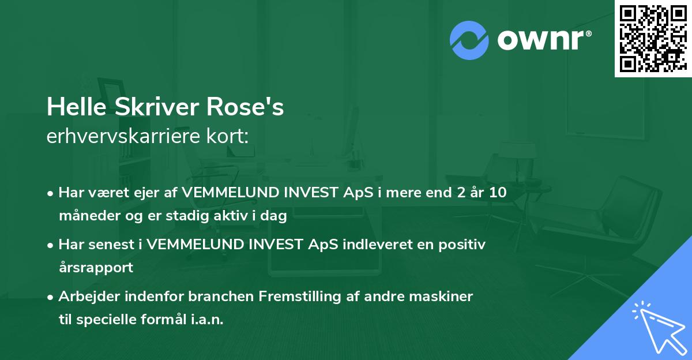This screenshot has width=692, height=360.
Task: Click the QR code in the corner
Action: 652,39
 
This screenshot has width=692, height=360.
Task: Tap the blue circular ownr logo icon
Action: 469,40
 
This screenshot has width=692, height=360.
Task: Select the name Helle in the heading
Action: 72,107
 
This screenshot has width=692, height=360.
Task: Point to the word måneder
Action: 86,217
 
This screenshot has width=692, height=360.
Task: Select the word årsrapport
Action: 96,268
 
